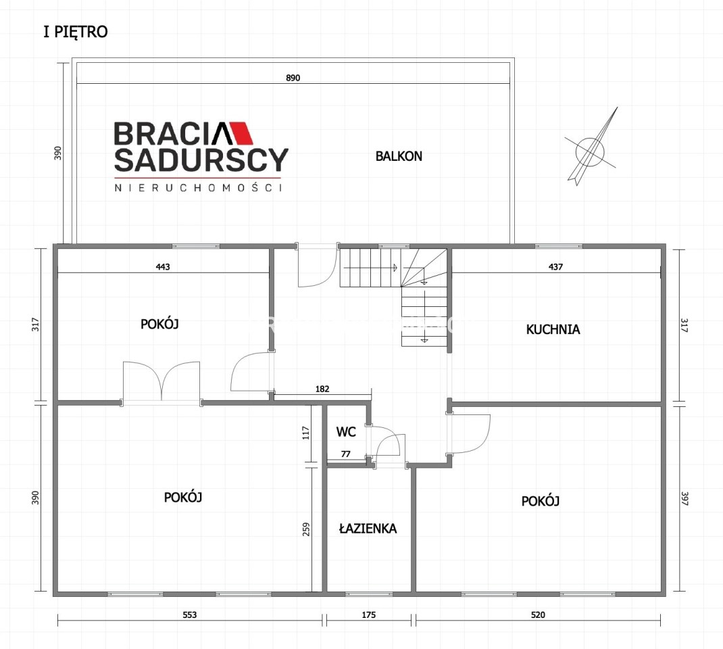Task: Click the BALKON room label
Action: [399, 156]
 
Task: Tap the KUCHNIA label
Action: [553, 329]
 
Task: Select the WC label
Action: [346, 432]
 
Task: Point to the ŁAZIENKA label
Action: [368, 528]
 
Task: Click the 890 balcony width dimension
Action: [293, 78]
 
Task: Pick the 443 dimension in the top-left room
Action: [163, 266]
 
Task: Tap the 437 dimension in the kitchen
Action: [555, 266]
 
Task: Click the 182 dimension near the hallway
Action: [322, 389]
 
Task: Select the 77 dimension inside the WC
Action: [346, 454]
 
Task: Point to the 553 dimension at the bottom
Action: [189, 615]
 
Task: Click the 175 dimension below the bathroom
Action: [369, 615]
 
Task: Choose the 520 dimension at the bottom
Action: [538, 615]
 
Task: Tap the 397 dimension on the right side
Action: [684, 499]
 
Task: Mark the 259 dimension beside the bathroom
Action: [306, 529]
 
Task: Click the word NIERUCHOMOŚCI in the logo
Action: [198, 188]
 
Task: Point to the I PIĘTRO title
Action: [76, 32]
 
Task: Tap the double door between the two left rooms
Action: [161, 381]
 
